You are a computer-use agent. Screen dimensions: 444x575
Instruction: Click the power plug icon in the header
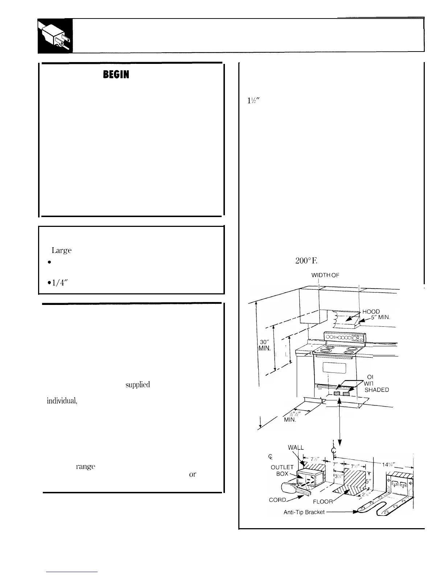(x=55, y=36)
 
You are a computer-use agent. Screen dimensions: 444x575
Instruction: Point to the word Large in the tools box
(x=62, y=250)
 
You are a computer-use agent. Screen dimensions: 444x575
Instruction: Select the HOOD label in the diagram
(x=371, y=311)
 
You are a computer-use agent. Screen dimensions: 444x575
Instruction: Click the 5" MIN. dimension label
(x=380, y=317)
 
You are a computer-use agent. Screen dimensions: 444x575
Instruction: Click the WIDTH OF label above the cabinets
(x=325, y=275)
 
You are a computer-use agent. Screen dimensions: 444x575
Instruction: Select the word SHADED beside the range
(x=377, y=390)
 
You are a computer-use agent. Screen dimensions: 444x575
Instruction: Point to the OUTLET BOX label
(x=282, y=470)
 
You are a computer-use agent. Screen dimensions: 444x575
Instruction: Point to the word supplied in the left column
(x=137, y=385)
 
